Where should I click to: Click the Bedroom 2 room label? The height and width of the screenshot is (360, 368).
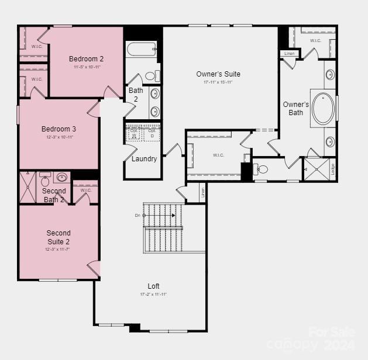coord(86,58)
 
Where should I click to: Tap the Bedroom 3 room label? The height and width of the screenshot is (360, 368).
coord(59,129)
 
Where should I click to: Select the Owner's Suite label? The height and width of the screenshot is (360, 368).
coord(218,74)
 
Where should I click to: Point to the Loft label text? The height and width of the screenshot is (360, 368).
coord(153,286)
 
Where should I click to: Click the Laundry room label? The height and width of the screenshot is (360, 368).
coord(144,159)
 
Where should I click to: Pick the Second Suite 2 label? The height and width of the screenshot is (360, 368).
coord(59,237)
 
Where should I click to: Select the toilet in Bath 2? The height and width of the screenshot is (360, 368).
coord(150,76)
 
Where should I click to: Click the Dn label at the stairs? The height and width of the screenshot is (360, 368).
coord(137,215)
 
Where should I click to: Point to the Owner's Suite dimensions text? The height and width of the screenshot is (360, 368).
coord(218,82)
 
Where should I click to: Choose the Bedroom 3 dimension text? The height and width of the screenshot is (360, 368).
coord(59,137)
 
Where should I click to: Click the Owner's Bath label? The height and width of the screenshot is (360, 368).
coord(296,109)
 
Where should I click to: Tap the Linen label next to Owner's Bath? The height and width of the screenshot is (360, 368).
coord(290,54)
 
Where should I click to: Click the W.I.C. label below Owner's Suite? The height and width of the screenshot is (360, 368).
coord(218,155)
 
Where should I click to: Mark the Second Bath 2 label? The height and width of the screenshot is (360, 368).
coord(54,195)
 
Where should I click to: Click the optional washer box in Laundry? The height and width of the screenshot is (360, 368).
coord(134,133)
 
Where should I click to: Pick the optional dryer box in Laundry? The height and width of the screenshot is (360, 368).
coord(152,133)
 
